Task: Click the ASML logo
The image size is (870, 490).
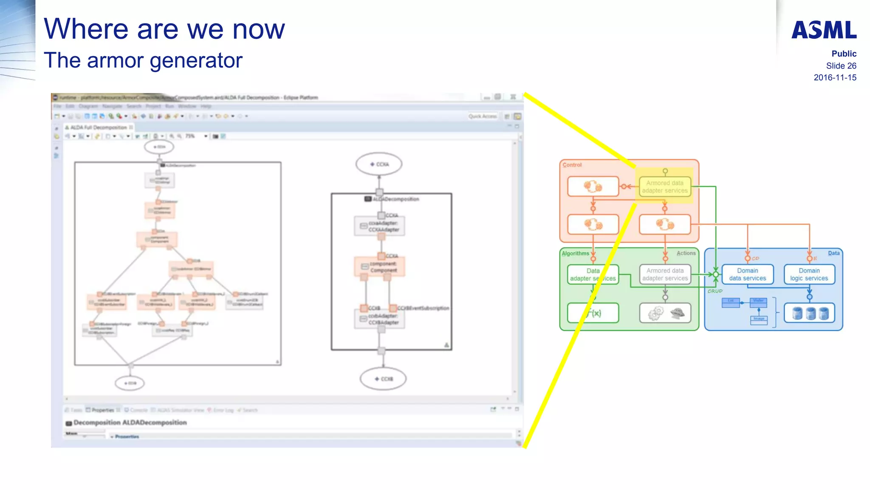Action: point(824,30)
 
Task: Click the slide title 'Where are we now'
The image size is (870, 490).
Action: point(164,29)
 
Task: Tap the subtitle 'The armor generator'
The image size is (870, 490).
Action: point(143,60)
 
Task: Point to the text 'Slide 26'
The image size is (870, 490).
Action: point(841,66)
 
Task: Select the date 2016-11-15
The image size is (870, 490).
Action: point(835,77)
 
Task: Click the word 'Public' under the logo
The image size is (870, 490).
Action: point(844,54)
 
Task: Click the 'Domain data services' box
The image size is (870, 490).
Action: point(748,274)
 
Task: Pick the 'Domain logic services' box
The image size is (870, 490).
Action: point(809,274)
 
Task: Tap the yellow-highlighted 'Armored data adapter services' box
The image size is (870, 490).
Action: point(665,187)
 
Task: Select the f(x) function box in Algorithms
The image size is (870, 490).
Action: point(593,313)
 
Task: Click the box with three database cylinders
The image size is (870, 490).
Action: point(809,313)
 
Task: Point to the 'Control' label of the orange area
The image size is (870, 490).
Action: point(572,165)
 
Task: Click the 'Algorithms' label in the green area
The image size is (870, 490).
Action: point(576,254)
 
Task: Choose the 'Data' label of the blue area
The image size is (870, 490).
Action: point(833,253)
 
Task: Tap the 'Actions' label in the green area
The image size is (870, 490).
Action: point(686,253)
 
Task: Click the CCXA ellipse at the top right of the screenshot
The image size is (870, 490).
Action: point(379,164)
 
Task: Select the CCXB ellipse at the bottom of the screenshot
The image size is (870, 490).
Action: point(383,379)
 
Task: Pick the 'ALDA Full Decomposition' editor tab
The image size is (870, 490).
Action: point(99,127)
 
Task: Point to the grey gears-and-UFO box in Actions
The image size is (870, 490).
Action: point(665,313)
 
